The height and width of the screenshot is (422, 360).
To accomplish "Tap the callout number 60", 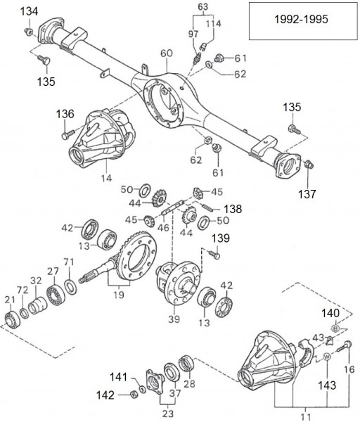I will (166, 54).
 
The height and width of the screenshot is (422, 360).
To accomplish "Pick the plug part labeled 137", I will (311, 166).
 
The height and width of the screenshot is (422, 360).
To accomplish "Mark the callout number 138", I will (233, 210).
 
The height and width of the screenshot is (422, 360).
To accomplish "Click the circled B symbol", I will (335, 328).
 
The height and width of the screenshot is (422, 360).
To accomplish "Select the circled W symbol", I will (326, 357).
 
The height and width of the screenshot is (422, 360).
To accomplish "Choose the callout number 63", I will (203, 8).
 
